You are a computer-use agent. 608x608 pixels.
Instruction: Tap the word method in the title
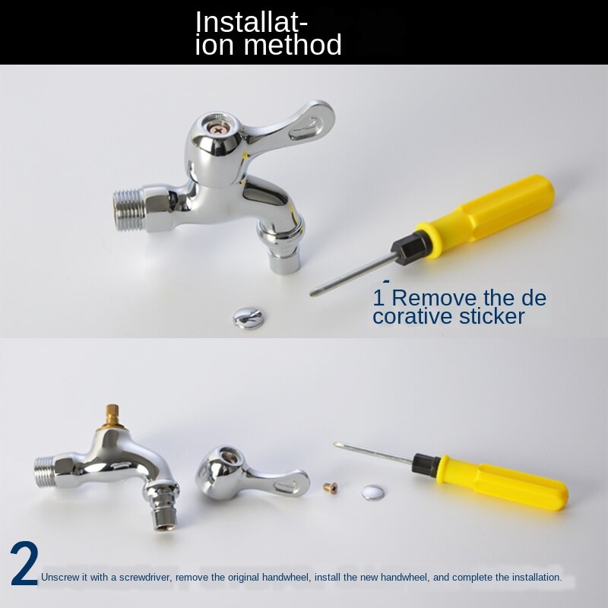294,46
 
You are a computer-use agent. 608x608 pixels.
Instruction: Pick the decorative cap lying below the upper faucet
248,315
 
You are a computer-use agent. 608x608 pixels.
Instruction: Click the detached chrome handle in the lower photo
243,473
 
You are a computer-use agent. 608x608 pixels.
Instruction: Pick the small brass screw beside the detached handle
329,486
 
